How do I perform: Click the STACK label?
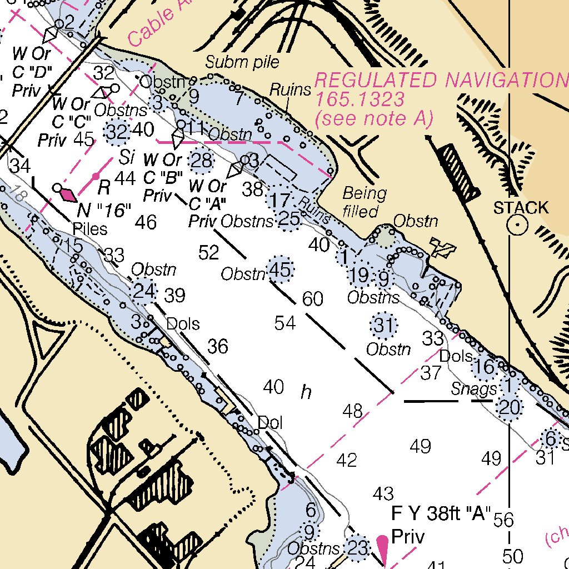[x=521, y=208]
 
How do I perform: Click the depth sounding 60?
[x=313, y=299]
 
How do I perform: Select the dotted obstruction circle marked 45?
[x=280, y=271]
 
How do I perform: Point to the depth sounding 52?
[x=209, y=253]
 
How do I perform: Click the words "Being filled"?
[x=364, y=202]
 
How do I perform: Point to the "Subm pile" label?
[x=242, y=62]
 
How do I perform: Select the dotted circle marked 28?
[x=202, y=161]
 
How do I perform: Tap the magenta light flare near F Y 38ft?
[x=382, y=547]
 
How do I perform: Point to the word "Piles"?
[x=90, y=229]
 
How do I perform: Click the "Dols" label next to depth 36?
[x=183, y=323]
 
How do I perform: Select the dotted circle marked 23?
[x=357, y=548]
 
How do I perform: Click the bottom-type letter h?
[x=306, y=392]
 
